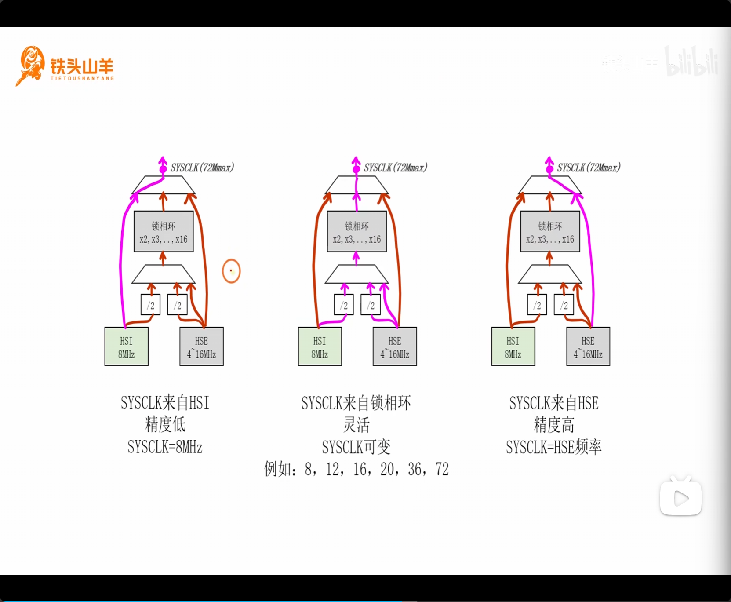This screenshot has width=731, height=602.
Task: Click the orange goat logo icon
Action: tap(31, 65)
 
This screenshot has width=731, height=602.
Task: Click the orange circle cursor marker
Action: tap(231, 271)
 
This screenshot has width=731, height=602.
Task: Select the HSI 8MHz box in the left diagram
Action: tap(126, 347)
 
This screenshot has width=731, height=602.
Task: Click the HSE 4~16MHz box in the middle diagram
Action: tap(395, 347)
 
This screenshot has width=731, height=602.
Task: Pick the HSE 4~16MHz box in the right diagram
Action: tap(588, 347)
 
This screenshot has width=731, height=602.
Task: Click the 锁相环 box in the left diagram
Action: tap(164, 232)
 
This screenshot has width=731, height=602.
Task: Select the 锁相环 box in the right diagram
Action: tap(550, 232)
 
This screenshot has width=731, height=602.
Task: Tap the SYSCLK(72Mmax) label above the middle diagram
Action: tap(395, 168)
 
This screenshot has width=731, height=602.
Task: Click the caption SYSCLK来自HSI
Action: tap(165, 403)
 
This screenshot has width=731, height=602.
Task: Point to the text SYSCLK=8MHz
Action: tap(165, 447)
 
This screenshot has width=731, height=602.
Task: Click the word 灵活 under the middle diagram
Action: tap(356, 425)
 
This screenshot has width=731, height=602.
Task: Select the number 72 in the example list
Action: tap(442, 470)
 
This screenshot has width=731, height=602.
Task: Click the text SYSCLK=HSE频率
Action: tap(553, 447)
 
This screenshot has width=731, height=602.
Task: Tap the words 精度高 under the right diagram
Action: tap(553, 425)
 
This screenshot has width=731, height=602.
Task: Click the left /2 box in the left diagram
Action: tap(150, 305)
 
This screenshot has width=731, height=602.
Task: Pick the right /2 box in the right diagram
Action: tap(564, 305)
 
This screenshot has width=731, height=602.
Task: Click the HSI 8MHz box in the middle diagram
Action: tap(320, 347)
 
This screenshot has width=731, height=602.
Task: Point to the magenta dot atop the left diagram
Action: tap(163, 169)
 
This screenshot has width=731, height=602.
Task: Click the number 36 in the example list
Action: tap(415, 470)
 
